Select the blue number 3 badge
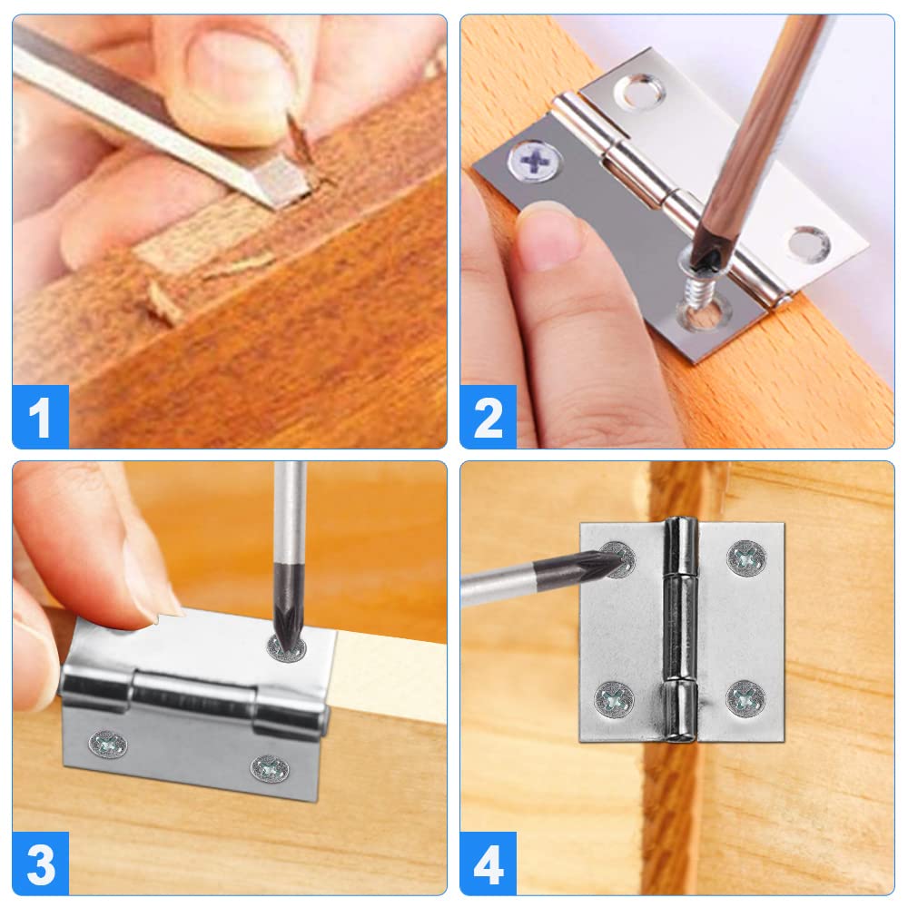tap(41, 865)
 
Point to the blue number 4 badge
tap(489, 865)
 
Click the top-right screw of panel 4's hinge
tap(746, 558)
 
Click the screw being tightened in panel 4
tap(618, 559)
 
